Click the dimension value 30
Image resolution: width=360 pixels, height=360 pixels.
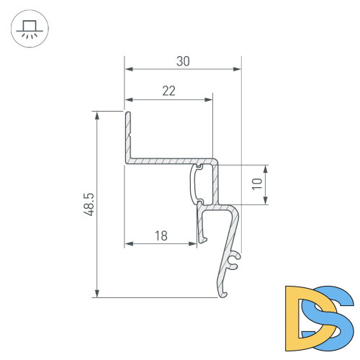(183, 62)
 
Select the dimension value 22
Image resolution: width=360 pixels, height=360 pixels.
(169, 91)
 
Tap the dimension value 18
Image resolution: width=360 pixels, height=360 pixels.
(161, 235)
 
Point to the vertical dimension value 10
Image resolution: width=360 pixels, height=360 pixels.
(256, 185)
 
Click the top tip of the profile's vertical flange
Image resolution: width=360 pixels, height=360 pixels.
(127, 113)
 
